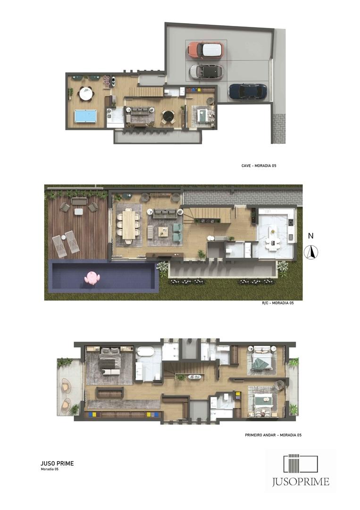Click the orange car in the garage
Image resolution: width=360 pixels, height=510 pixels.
pyautogui.click(x=205, y=50)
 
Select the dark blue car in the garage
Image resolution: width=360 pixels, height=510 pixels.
pyautogui.click(x=248, y=92)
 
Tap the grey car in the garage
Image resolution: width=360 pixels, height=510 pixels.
pyautogui.click(x=206, y=72)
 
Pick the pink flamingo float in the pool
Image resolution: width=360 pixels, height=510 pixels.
pyautogui.click(x=92, y=278)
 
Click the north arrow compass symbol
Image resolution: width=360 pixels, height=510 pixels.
pyautogui.click(x=311, y=252)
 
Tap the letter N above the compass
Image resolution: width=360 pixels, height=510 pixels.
pyautogui.click(x=311, y=236)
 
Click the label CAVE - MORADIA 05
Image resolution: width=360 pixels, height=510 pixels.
pyautogui.click(x=259, y=166)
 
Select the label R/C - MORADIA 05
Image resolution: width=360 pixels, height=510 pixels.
pyautogui.click(x=278, y=303)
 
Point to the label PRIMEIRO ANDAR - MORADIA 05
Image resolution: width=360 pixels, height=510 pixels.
pyautogui.click(x=273, y=435)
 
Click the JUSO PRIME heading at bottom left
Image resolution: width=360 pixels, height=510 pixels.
pyautogui.click(x=57, y=464)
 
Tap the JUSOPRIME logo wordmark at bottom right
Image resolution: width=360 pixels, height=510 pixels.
pyautogui.click(x=301, y=481)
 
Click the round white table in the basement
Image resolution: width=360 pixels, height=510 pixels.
pyautogui.click(x=86, y=94)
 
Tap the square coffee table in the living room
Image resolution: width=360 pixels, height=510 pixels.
pyautogui.click(x=163, y=232)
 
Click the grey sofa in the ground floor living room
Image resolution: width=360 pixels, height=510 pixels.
pyautogui.click(x=165, y=213)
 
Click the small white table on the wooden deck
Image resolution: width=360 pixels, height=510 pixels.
pyautogui.click(x=79, y=212)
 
